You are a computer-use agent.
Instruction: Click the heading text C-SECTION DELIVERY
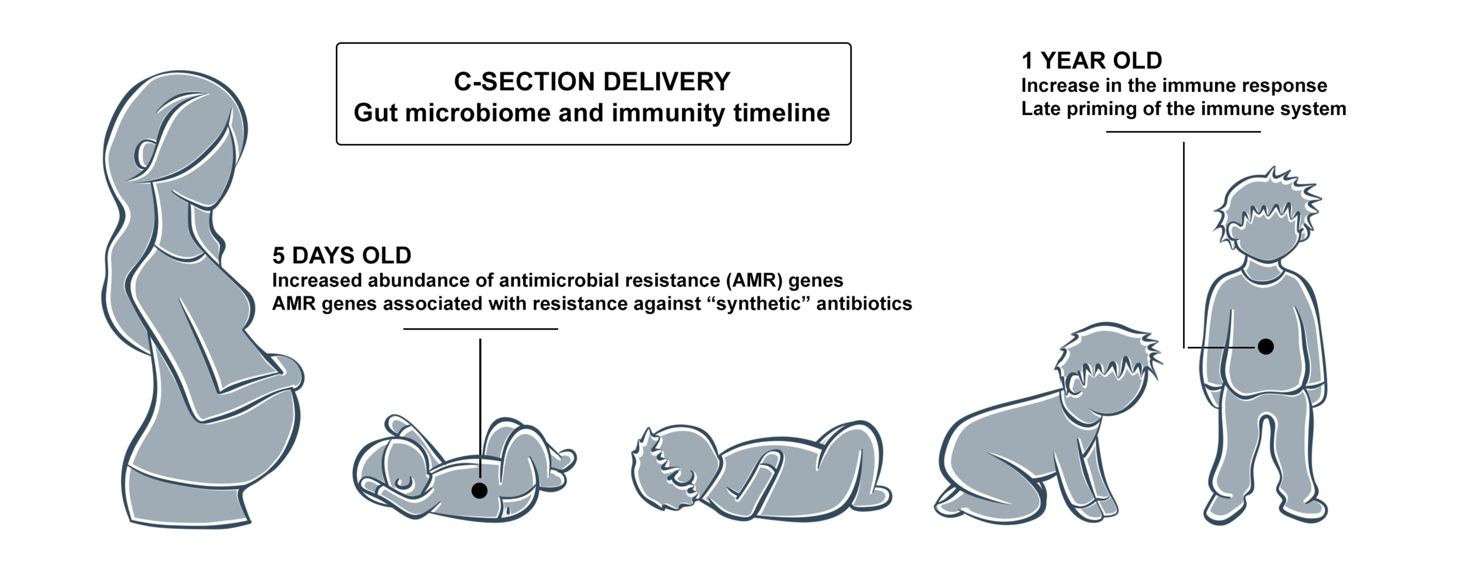(591, 82)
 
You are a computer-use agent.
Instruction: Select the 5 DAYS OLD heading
(341, 255)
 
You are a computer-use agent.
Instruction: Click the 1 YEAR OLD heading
(1091, 60)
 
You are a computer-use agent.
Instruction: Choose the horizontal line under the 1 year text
(1183, 132)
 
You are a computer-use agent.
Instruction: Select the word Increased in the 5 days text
(316, 280)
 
